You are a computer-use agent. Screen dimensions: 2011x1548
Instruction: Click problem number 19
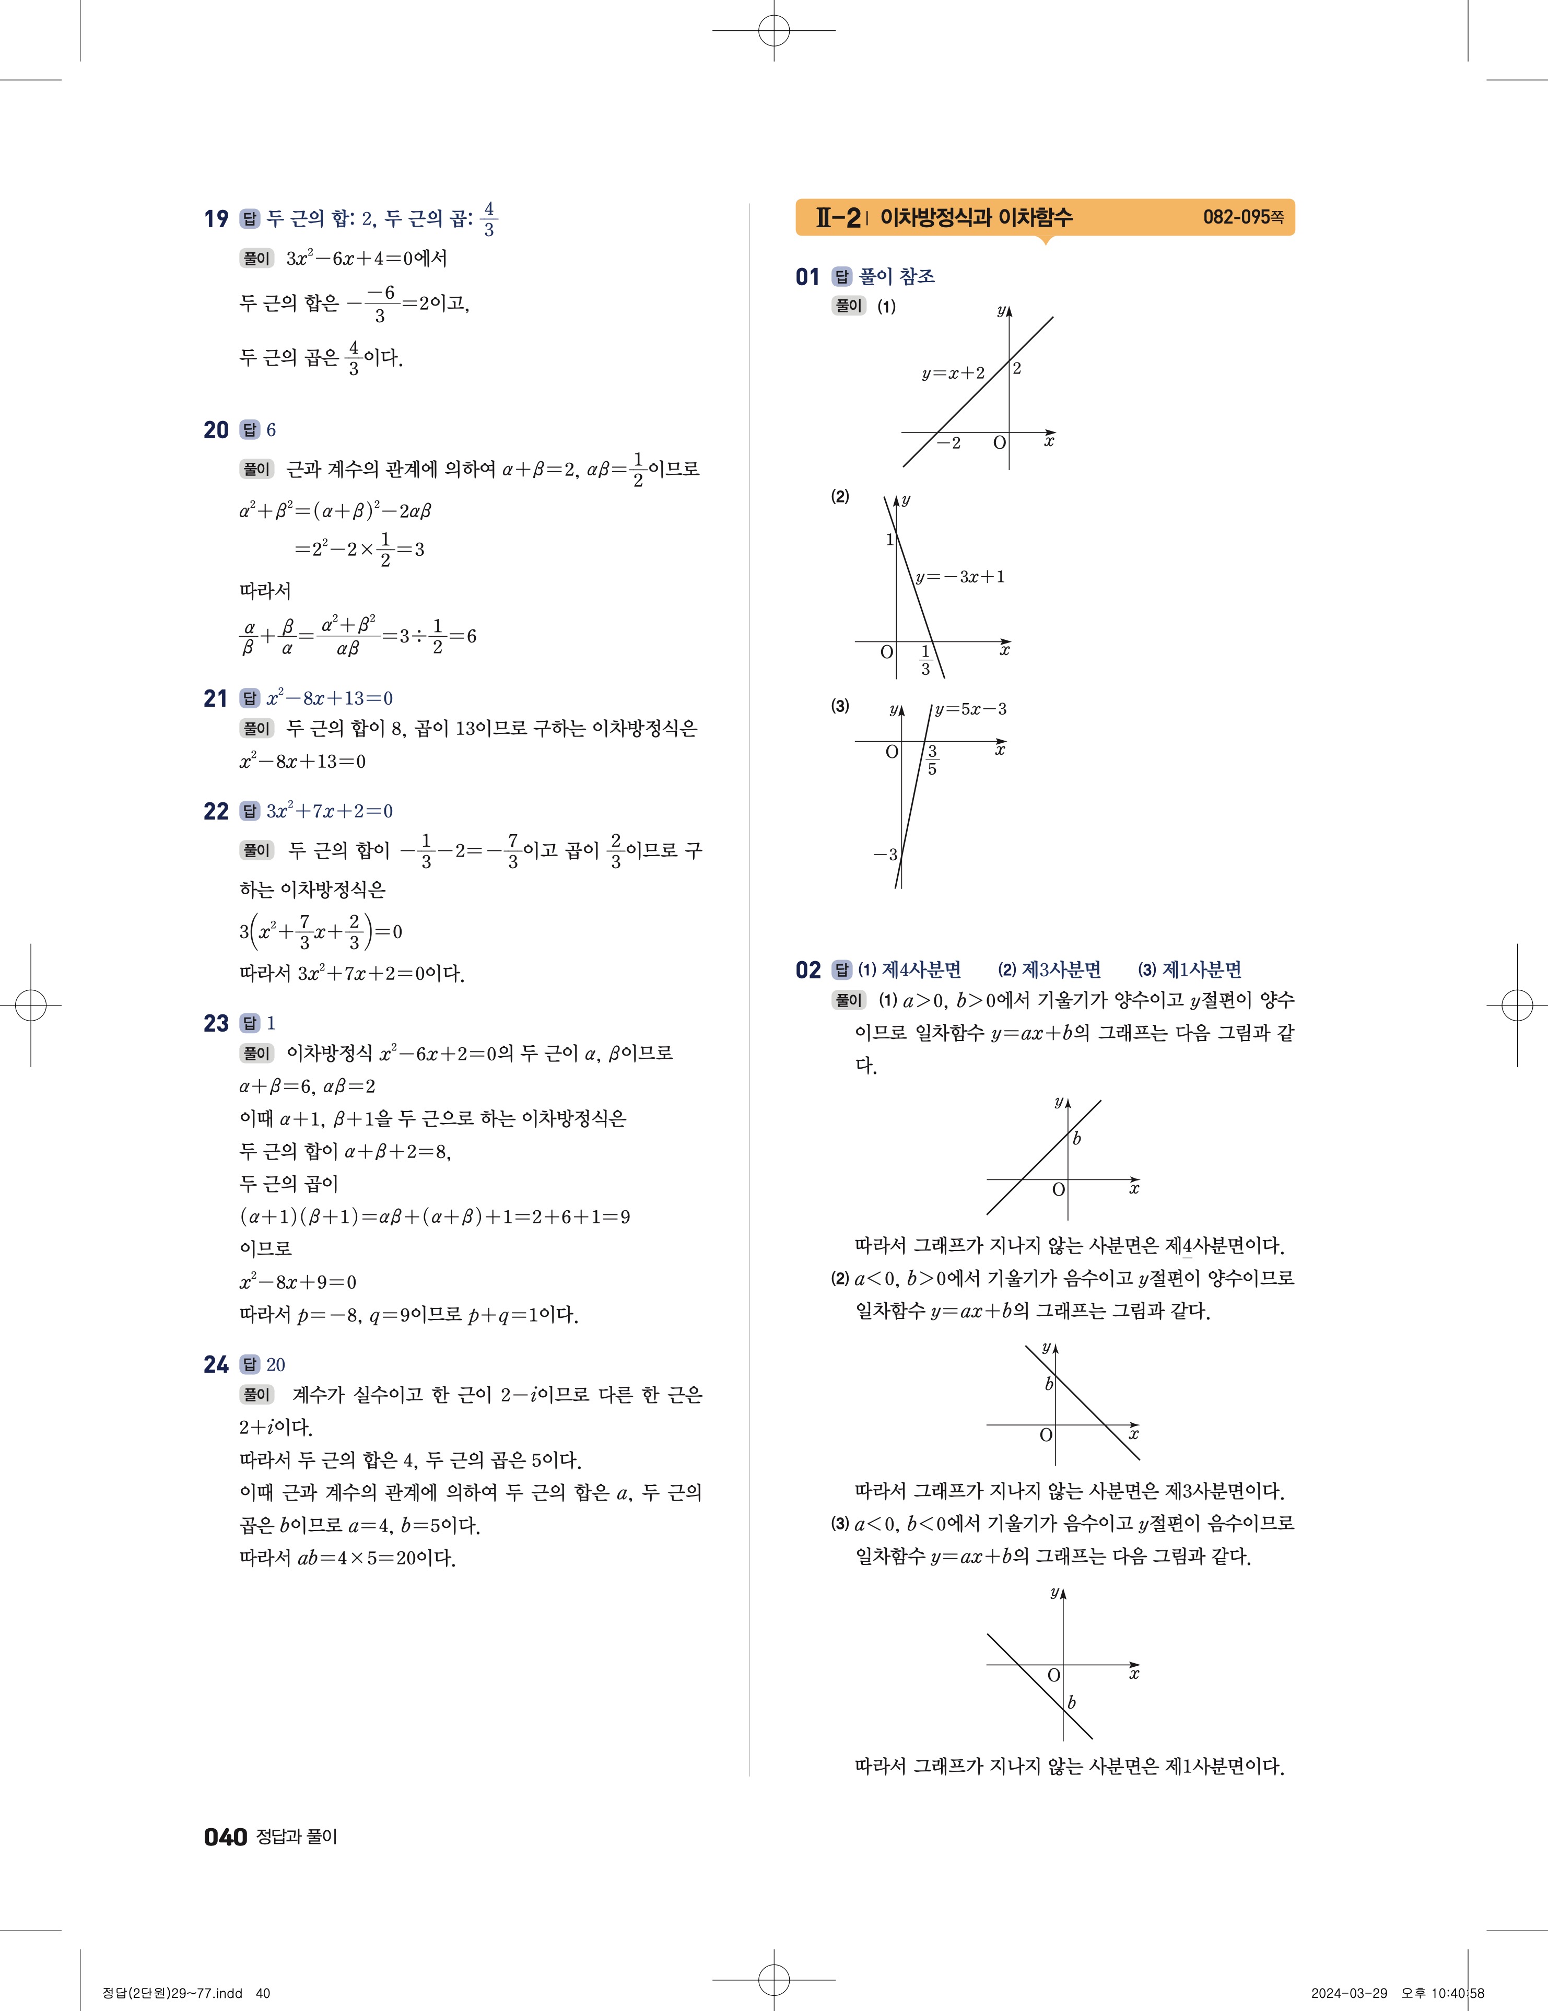[x=216, y=219]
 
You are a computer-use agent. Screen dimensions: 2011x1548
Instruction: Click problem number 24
[x=216, y=1364]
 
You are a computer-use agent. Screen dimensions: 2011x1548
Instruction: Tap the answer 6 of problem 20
[x=271, y=430]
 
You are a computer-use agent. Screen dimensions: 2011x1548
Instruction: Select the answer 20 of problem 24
[x=275, y=1364]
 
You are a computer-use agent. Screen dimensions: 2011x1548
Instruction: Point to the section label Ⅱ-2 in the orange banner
[x=838, y=218]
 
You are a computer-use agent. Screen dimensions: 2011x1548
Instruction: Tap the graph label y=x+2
[x=953, y=373]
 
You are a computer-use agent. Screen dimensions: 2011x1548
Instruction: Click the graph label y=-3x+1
[x=959, y=577]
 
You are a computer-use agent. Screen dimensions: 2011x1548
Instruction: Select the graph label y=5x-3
[x=970, y=709]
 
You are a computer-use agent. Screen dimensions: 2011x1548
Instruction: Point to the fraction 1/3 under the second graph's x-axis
[x=925, y=661]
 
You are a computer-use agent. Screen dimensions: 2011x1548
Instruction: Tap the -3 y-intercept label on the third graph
[x=885, y=855]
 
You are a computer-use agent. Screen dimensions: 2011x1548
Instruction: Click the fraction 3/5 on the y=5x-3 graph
[x=932, y=761]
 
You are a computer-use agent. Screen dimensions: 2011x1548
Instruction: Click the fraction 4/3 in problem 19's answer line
[x=489, y=219]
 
